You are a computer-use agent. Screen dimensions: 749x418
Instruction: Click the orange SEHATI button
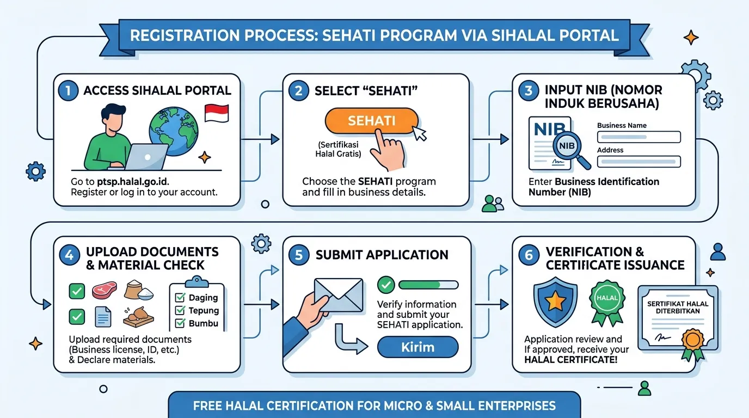[371, 121]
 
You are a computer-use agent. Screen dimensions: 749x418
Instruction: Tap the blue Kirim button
[418, 347]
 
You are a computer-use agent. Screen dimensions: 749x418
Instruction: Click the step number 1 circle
[68, 91]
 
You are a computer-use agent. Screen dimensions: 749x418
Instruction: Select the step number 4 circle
[69, 255]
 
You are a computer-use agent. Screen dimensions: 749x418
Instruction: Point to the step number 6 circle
[529, 255]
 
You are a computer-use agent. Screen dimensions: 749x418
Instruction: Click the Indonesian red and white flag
[217, 113]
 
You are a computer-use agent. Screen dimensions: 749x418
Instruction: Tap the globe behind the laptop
[174, 131]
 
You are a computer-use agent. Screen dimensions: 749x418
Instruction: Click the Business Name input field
[639, 137]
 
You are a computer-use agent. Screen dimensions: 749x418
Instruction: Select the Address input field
[639, 162]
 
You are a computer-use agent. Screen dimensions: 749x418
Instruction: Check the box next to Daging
[180, 297]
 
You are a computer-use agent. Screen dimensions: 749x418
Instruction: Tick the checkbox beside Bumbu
[180, 323]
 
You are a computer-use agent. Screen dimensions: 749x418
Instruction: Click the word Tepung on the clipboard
[204, 310]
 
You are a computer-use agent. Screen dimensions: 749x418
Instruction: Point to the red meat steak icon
[105, 289]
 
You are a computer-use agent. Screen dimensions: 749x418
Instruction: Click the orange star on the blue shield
[555, 302]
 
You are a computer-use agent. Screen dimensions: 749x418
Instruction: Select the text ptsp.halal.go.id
[133, 182]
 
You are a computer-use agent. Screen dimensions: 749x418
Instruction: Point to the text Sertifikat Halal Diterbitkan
[678, 308]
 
